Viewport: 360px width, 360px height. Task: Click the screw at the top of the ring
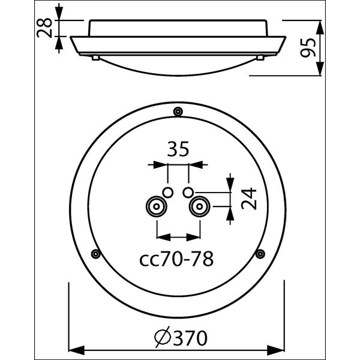click(x=178, y=112)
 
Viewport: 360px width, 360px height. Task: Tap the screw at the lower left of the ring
click(x=95, y=254)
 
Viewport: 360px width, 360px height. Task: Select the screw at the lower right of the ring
click(x=260, y=254)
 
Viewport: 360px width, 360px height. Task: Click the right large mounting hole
click(x=199, y=208)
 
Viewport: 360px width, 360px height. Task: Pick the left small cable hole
click(x=168, y=191)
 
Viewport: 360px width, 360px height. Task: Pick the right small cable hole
click(x=188, y=191)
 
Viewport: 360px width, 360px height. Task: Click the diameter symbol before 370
click(x=161, y=338)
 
